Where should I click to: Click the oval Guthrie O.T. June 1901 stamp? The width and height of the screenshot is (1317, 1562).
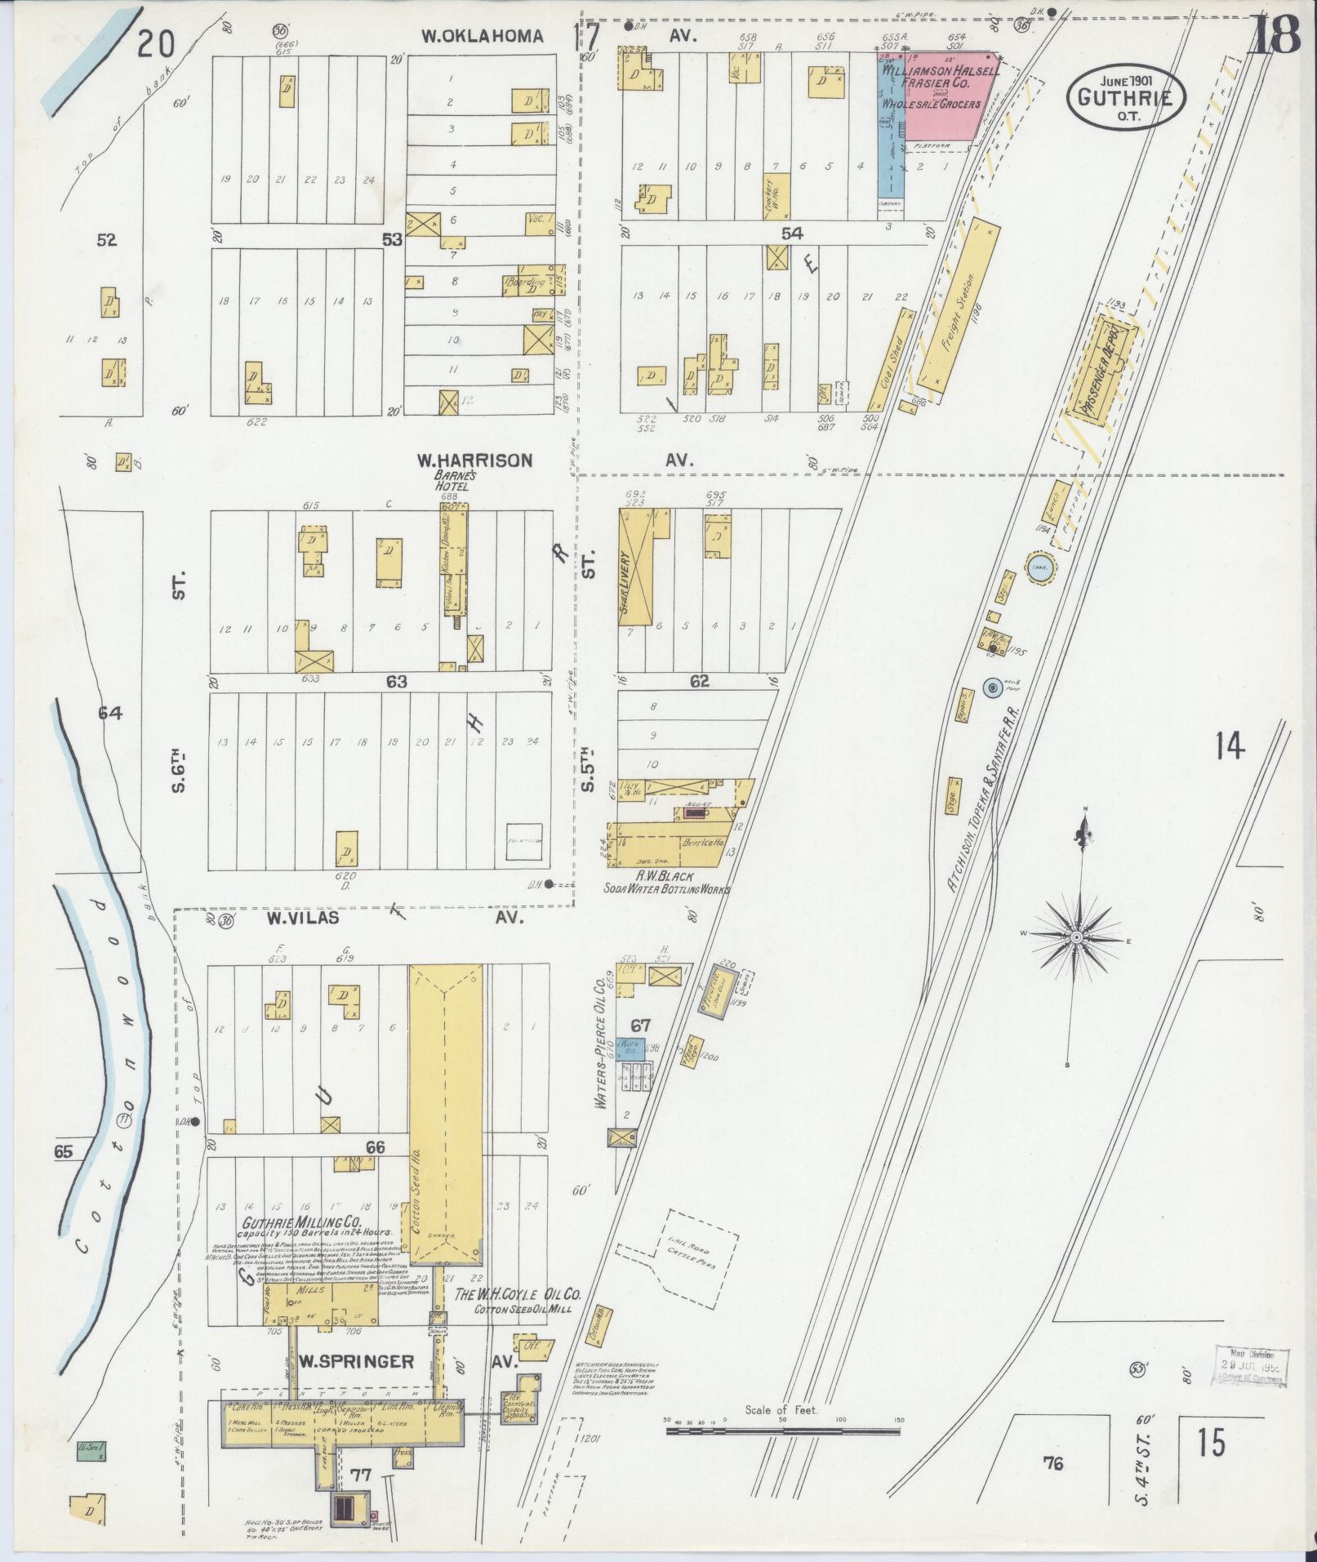(1123, 97)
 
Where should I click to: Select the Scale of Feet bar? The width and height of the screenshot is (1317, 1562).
(782, 1431)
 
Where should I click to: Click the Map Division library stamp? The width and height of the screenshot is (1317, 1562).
(1250, 1366)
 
